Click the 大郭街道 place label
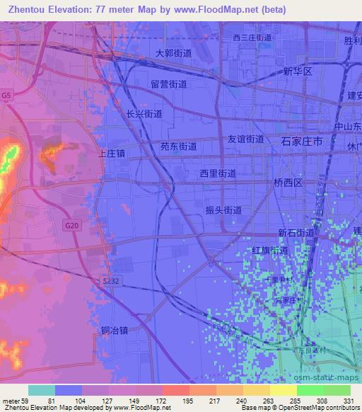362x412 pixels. [x=173, y=53]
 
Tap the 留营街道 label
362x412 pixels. [x=168, y=84]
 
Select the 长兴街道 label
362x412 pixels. [x=144, y=113]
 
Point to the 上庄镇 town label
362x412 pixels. [x=112, y=152]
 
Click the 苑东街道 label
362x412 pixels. [x=179, y=147]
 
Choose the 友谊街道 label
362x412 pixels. [x=245, y=139]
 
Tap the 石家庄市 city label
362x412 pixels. [x=302, y=142]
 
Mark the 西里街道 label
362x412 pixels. [x=218, y=173]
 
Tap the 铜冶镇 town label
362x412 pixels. [x=114, y=330]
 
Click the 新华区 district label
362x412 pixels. [x=297, y=71]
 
